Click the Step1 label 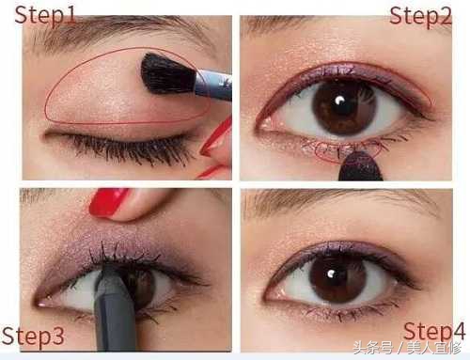point(45,15)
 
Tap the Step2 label point(420,16)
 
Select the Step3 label point(33,337)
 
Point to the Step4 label point(434,332)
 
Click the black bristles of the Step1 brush point(167,74)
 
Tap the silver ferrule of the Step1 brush point(212,86)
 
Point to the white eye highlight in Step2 point(339,101)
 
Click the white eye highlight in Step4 point(331,274)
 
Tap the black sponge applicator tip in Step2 point(360,166)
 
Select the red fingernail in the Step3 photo point(108,202)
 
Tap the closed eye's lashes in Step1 point(125,149)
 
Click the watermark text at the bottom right point(407,348)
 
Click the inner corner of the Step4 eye point(270,294)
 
